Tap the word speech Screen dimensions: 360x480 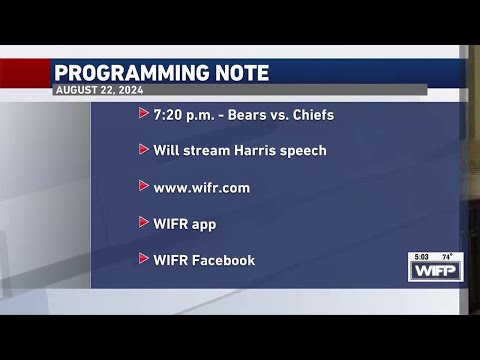click(304, 151)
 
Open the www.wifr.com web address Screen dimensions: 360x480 click(201, 187)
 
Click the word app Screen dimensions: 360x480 click(204, 224)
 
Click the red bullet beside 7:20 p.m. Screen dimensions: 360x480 click(143, 114)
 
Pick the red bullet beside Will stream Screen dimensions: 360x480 click(143, 150)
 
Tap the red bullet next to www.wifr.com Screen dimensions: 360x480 click(143, 186)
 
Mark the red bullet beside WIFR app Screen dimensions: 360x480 click(143, 222)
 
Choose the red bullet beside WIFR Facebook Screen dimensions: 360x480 click(143, 259)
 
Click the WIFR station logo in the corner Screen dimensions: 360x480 click(435, 271)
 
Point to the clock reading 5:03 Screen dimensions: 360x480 click(422, 257)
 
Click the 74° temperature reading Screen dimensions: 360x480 click(448, 257)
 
